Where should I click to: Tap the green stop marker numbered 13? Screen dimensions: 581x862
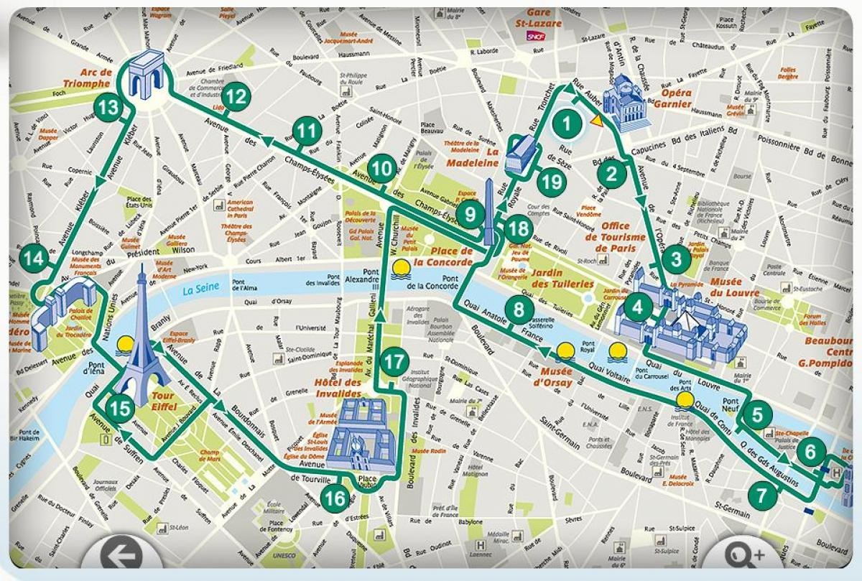[109, 108]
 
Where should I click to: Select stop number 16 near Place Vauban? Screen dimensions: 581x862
[334, 498]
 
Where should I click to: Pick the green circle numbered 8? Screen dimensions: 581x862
[519, 310]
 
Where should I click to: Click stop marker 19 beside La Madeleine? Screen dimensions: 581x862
[552, 182]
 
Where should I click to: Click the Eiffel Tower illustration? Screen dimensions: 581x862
[144, 330]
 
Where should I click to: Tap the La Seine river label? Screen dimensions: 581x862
[199, 290]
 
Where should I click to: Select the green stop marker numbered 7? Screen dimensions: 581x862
[762, 495]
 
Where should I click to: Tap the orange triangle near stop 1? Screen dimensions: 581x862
[595, 121]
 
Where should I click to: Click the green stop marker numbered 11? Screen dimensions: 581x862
[306, 131]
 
